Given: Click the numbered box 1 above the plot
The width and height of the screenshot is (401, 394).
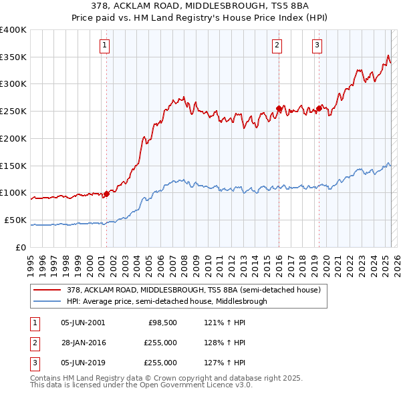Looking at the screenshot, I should click(106, 45).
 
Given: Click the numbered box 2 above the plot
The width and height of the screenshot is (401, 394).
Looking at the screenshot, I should click(277, 45).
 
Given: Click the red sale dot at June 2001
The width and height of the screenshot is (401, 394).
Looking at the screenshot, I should click(106, 194).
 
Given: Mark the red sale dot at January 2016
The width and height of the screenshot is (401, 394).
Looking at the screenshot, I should click(279, 108).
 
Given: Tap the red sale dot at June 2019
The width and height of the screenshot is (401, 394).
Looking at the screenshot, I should click(319, 108).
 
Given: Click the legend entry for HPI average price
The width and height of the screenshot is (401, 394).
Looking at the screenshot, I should click(166, 301).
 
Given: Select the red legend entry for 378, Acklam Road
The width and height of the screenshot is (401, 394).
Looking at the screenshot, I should click(194, 290).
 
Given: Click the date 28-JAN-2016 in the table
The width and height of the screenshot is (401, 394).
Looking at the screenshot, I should click(83, 343).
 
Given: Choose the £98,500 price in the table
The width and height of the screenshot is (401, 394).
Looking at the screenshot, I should click(162, 323).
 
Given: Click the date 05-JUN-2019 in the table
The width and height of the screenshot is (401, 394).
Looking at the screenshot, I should click(83, 363).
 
